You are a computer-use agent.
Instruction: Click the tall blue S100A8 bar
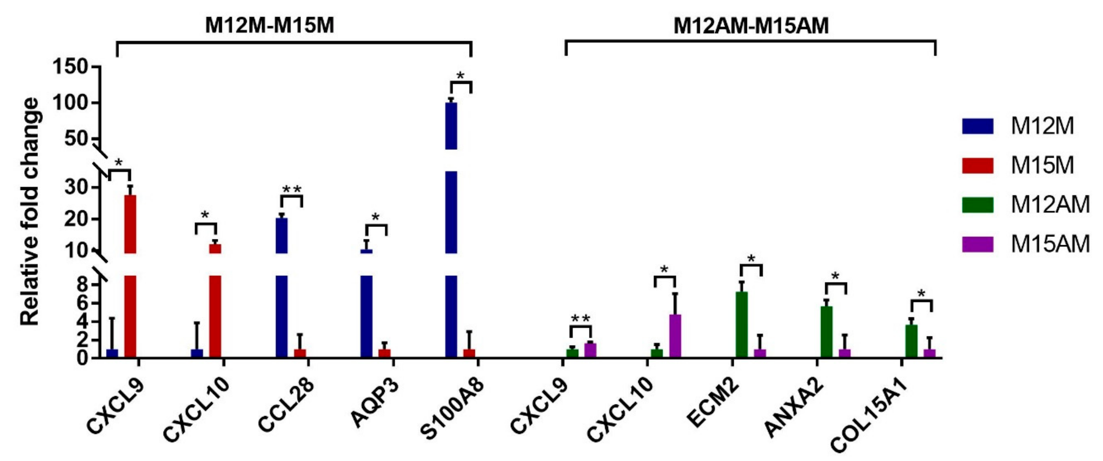click(451, 214)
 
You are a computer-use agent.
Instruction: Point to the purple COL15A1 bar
click(929, 353)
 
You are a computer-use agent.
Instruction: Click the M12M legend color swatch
click(978, 127)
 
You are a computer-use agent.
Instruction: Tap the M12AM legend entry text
click(1050, 205)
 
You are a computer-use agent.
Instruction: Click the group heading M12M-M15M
click(269, 26)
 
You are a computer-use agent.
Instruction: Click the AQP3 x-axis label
click(375, 403)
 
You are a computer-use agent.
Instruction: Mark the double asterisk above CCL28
click(292, 190)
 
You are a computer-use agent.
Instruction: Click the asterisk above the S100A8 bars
click(460, 76)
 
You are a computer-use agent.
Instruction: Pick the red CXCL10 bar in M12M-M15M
click(215, 300)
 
